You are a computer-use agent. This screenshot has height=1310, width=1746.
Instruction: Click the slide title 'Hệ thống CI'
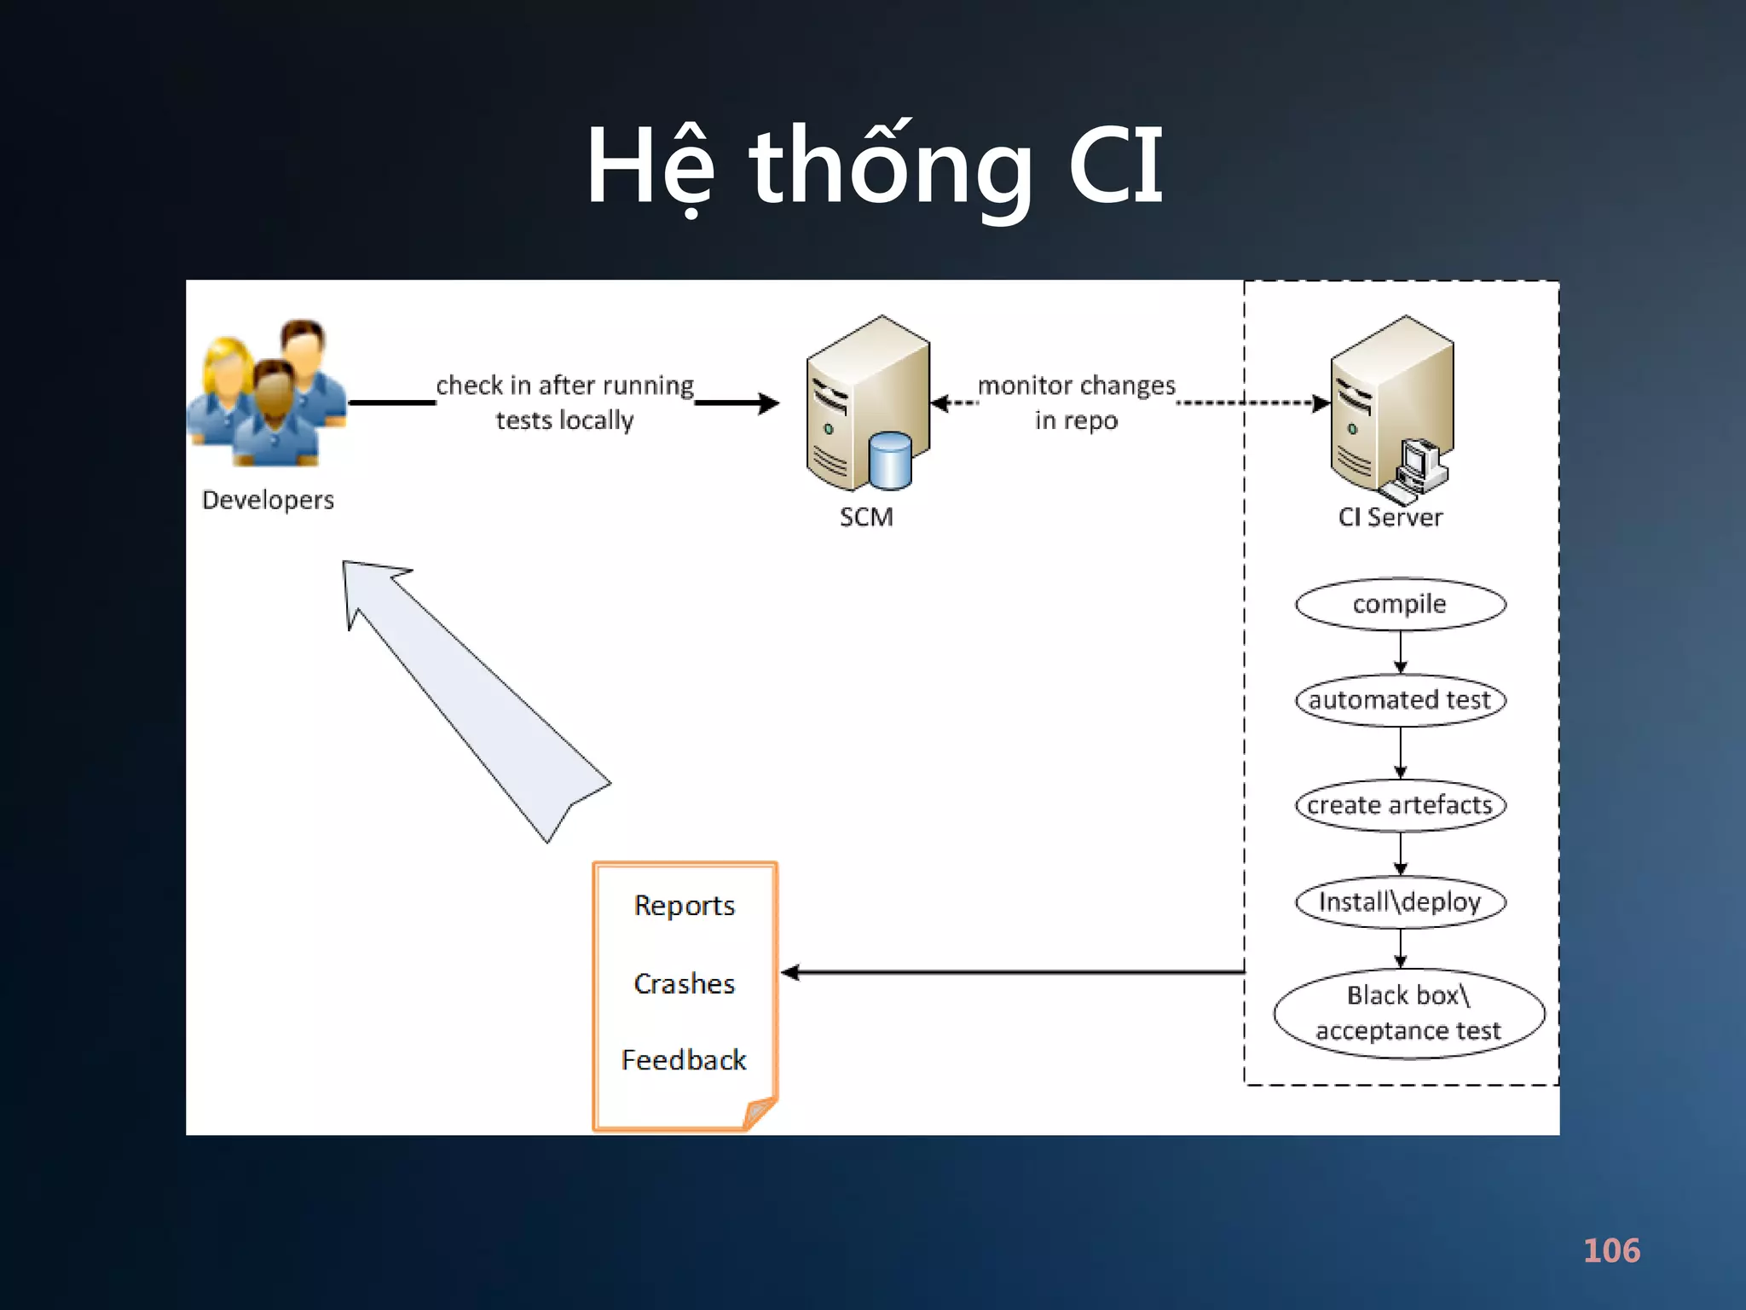(875, 166)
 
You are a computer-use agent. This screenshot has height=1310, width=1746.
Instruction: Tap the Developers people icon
(267, 393)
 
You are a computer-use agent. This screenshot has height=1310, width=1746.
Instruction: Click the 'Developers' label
(268, 500)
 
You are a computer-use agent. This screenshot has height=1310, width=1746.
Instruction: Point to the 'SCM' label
(866, 517)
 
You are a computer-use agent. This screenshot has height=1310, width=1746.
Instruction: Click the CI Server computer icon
(1392, 405)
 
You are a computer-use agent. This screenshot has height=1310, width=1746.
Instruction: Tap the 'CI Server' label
(1390, 517)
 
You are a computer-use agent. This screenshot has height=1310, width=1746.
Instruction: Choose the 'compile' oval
(1400, 605)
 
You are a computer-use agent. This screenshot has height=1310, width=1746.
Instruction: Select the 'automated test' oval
(1400, 700)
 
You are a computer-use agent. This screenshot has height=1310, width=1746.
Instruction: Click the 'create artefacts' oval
(1400, 805)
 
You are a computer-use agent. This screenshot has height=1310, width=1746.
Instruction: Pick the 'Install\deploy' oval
(1400, 901)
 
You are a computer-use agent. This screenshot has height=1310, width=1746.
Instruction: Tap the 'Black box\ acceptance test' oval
(1408, 1013)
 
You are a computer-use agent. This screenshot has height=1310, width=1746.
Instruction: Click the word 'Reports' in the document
(685, 906)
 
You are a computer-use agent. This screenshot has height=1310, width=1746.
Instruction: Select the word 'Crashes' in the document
(685, 983)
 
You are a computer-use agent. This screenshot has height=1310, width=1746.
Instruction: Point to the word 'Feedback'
(684, 1060)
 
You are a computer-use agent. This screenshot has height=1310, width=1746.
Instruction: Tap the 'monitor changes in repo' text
(1076, 403)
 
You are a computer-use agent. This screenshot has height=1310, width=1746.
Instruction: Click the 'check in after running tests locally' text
(565, 403)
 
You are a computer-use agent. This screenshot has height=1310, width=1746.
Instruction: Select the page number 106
(1611, 1250)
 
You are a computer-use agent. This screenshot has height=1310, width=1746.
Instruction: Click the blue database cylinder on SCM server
(890, 461)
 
